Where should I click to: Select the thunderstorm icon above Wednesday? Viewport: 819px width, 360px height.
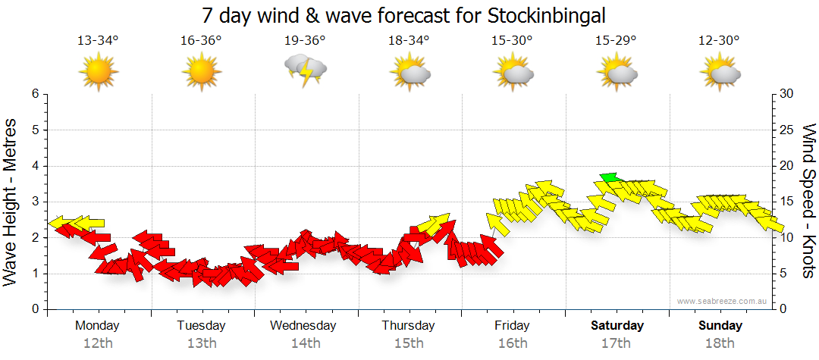[x=306, y=70]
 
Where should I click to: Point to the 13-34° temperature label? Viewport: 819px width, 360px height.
[x=99, y=41]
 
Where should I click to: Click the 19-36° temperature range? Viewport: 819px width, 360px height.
[x=305, y=41]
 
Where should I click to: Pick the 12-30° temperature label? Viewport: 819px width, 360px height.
[x=720, y=41]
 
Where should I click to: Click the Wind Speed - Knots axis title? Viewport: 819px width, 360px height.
[x=808, y=201]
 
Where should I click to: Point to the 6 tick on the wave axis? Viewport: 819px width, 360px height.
[x=34, y=94]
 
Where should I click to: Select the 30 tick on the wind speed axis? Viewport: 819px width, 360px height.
[x=788, y=94]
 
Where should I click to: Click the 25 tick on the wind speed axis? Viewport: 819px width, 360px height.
[x=788, y=130]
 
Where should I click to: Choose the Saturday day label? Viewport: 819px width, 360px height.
[x=617, y=326]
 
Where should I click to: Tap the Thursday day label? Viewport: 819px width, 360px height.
[x=409, y=326]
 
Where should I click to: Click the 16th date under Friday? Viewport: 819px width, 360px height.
[x=513, y=343]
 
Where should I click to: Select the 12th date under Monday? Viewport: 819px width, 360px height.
[x=98, y=343]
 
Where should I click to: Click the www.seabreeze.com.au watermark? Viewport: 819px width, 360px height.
[x=723, y=301]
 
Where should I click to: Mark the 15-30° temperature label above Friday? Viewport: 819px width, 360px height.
[x=513, y=41]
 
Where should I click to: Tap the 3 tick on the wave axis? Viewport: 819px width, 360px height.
[x=34, y=202]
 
